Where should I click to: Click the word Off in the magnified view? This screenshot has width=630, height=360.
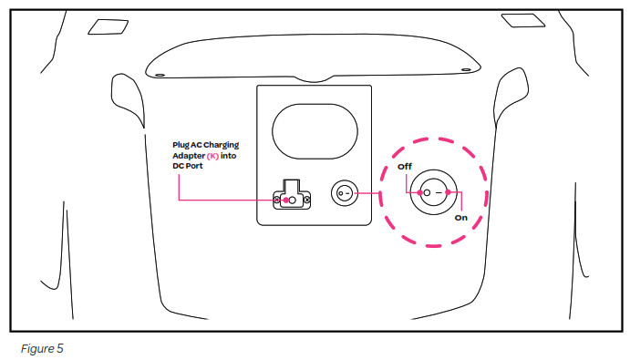pyautogui.click(x=405, y=167)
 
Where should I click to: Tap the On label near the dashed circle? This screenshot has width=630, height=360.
pyautogui.click(x=460, y=218)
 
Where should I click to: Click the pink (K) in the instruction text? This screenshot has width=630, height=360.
pyautogui.click(x=212, y=156)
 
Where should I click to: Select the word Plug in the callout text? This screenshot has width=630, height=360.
pyautogui.click(x=181, y=145)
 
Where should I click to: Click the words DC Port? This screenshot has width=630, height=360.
pyautogui.click(x=188, y=166)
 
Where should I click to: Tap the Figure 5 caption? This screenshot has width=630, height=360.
pyautogui.click(x=42, y=348)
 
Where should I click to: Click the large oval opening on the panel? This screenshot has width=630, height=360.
pyautogui.click(x=315, y=131)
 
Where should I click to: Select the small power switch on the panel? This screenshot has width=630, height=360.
pyautogui.click(x=345, y=193)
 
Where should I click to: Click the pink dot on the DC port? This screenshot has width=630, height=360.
pyautogui.click(x=285, y=201)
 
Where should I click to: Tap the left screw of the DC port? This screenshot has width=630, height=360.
pyautogui.click(x=276, y=200)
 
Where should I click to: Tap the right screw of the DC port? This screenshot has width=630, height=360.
pyautogui.click(x=307, y=200)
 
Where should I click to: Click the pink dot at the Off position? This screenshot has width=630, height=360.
pyautogui.click(x=420, y=192)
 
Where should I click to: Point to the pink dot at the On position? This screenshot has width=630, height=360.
pyautogui.click(x=448, y=192)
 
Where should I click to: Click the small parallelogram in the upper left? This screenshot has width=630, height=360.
pyautogui.click(x=108, y=27)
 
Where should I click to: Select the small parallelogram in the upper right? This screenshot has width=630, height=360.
pyautogui.click(x=523, y=20)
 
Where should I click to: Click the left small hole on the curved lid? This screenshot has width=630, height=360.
pyautogui.click(x=160, y=75)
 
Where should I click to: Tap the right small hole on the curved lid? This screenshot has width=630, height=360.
pyautogui.click(x=466, y=70)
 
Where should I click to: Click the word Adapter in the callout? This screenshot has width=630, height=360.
pyautogui.click(x=189, y=156)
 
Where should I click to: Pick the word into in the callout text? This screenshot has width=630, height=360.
pyautogui.click(x=228, y=156)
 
